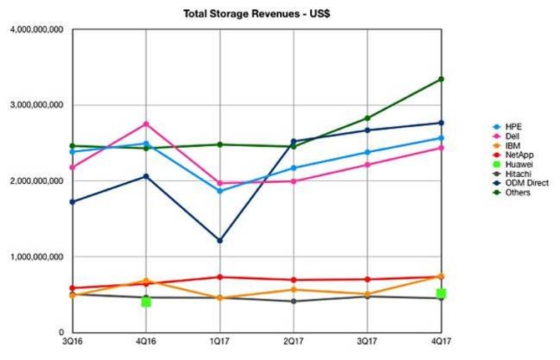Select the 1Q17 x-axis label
(x=220, y=342)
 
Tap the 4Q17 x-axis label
(x=440, y=342)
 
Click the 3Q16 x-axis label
(x=73, y=342)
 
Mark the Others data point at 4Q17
(x=440, y=79)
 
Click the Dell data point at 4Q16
(x=146, y=124)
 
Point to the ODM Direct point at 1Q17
(x=220, y=241)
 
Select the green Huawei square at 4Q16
(x=146, y=301)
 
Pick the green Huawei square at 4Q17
(x=440, y=293)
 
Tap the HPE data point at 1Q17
(x=220, y=191)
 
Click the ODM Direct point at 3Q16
(x=73, y=202)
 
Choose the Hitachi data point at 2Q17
(x=293, y=301)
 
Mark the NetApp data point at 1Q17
(x=220, y=277)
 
